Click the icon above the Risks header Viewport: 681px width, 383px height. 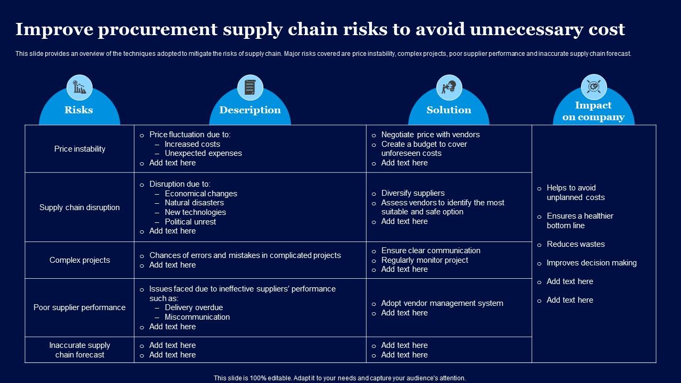pyautogui.click(x=79, y=87)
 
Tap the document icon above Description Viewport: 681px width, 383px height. pyautogui.click(x=250, y=87)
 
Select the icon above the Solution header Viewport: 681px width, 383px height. pyautogui.click(x=449, y=87)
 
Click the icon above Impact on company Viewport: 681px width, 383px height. pyautogui.click(x=593, y=87)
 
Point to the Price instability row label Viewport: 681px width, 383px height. pyautogui.click(x=80, y=149)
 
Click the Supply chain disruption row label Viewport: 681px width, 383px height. pyautogui.click(x=80, y=207)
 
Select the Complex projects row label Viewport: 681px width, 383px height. pyautogui.click(x=80, y=260)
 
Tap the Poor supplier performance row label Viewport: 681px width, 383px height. pyautogui.click(x=80, y=307)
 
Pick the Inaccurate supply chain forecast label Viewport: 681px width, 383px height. pyautogui.click(x=80, y=350)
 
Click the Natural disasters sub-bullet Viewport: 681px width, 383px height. pyautogui.click(x=194, y=203)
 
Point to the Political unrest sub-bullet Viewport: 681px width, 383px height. pyautogui.click(x=190, y=222)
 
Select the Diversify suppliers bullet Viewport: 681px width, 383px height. pyautogui.click(x=413, y=193)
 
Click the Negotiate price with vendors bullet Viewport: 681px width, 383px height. pyautogui.click(x=430, y=135)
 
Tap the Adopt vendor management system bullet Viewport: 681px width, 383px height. pyautogui.click(x=442, y=303)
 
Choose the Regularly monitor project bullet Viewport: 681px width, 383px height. pyautogui.click(x=425, y=260)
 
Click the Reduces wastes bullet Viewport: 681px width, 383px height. pyautogui.click(x=576, y=244)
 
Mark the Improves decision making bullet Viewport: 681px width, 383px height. pyautogui.click(x=592, y=263)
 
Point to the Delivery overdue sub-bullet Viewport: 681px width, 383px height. pyautogui.click(x=194, y=307)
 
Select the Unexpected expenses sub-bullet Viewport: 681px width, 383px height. pyautogui.click(x=203, y=153)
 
